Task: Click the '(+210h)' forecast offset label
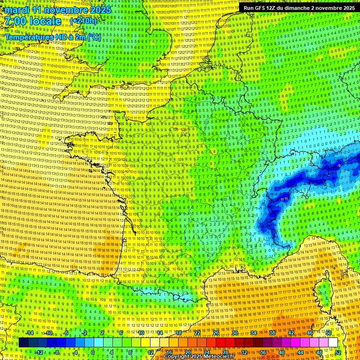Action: click(83, 21)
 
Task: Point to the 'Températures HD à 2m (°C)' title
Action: click(53, 37)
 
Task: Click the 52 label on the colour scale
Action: click(338, 352)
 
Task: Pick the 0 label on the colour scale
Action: click(93, 352)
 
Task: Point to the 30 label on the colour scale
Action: click(234, 333)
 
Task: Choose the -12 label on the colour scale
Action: click(39, 352)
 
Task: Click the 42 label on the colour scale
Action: click(291, 333)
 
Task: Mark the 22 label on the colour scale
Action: click(197, 333)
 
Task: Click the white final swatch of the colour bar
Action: click(333, 343)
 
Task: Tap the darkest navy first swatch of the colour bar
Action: click(23, 343)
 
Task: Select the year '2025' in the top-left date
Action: click(100, 10)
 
